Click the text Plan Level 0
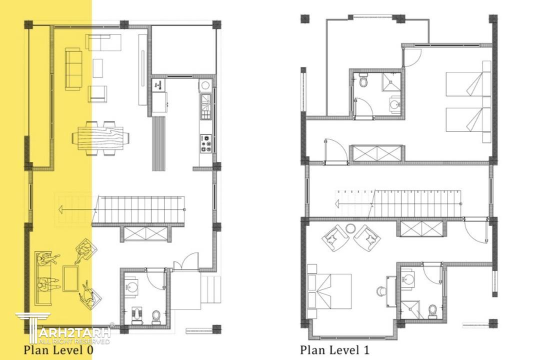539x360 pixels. tap(58, 350)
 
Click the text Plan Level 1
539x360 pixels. tap(335, 350)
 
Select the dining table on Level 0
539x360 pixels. tap(100, 138)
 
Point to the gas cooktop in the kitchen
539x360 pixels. tap(206, 143)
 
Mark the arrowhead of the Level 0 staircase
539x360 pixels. tap(60, 208)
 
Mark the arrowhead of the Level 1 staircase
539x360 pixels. tap(337, 204)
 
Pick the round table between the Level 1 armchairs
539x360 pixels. tap(350, 228)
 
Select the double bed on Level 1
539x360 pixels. tap(329, 291)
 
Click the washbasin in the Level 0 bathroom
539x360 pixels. tap(131, 285)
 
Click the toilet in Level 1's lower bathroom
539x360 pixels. tap(432, 311)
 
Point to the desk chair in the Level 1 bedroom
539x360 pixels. tap(381, 291)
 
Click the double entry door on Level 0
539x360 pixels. tap(186, 261)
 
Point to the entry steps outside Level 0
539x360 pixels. tap(210, 289)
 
